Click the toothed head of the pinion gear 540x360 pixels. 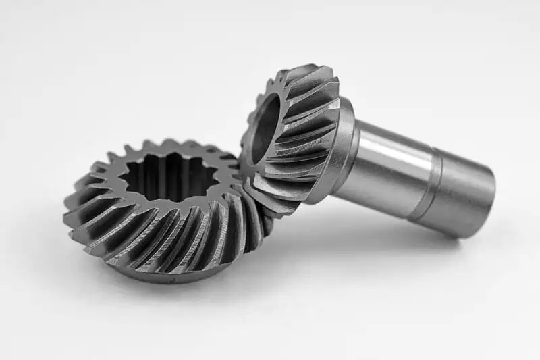click(x=297, y=135)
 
